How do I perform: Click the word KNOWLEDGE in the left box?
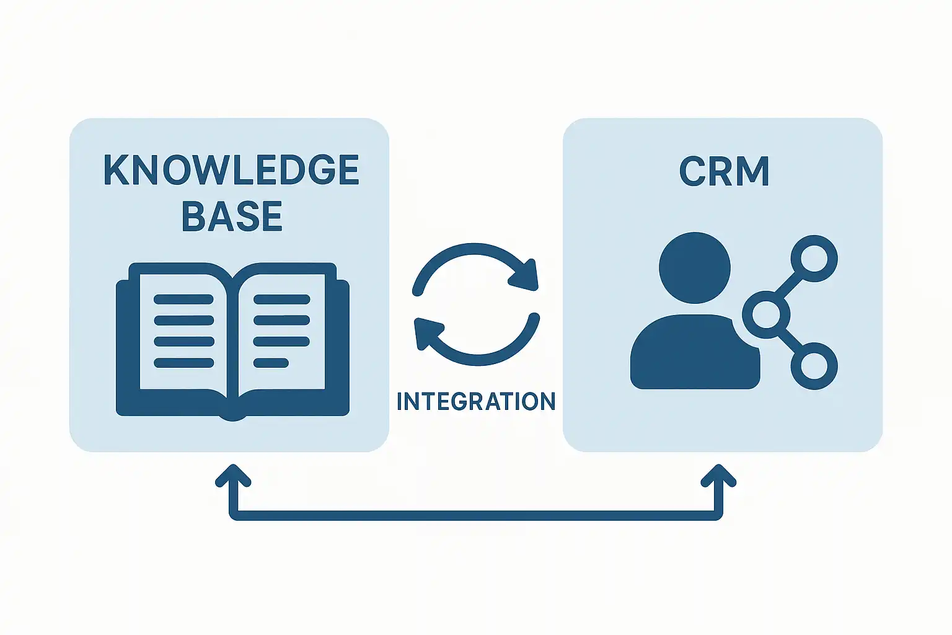231,169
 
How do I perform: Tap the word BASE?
232,216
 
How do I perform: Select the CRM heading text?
724,171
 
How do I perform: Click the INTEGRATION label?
476,401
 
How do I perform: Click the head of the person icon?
694,268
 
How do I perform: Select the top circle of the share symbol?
814,258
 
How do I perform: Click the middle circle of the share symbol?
766,314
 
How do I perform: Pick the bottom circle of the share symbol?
814,366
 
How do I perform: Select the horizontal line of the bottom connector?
476,515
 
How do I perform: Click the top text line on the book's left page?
183,300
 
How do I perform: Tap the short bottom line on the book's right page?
271,363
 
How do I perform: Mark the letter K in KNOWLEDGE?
116,169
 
